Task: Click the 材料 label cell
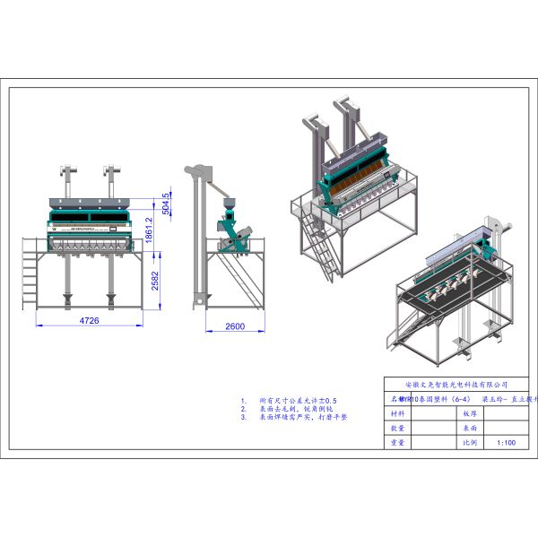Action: pos(398,414)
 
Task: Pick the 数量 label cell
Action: pos(398,428)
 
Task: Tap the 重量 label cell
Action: pos(398,442)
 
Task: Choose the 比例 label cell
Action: pos(468,442)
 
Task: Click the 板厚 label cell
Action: pos(468,414)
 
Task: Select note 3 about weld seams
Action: pos(300,417)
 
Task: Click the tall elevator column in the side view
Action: pos(192,242)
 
